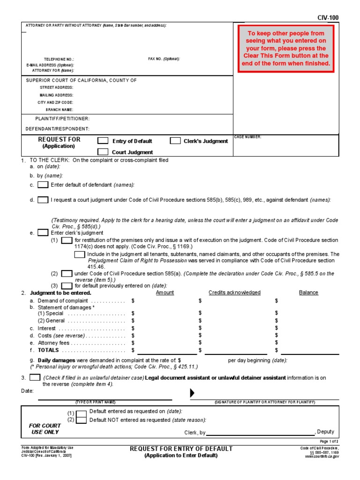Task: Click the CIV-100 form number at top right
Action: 328,18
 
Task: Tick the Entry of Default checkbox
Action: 103,141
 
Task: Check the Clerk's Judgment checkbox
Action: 175,141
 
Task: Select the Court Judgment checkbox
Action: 103,152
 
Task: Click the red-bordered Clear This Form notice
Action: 286,48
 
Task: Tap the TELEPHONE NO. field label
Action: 59,60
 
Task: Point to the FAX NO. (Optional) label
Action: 164,59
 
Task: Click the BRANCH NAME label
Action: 60,110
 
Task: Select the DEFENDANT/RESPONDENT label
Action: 57,128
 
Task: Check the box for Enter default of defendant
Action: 43,185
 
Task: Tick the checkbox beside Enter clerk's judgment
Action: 43,232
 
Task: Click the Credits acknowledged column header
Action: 234,292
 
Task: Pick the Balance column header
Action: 308,292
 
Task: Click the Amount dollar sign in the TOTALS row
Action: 133,350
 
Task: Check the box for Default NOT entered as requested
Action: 81,420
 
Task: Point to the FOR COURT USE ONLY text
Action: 45,429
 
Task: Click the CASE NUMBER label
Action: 248,137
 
